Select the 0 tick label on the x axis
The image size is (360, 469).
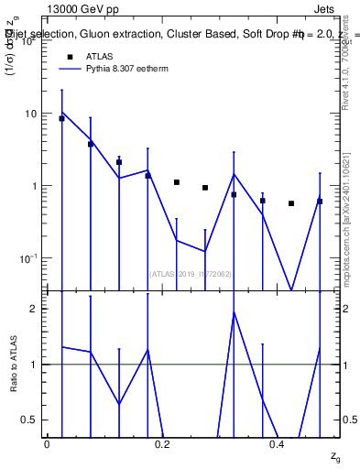[x=47, y=443]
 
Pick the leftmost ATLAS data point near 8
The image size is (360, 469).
[x=61, y=118]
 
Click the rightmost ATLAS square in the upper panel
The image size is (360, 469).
[x=320, y=202]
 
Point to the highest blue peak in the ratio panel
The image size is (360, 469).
[x=234, y=312]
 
